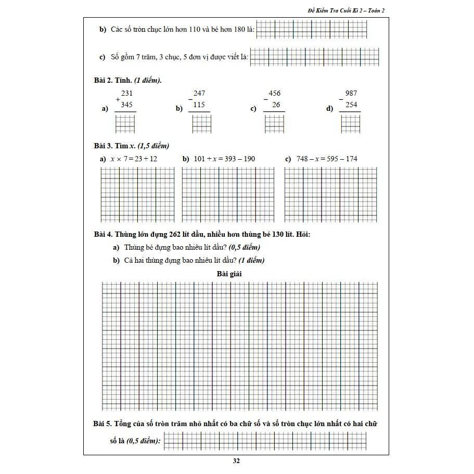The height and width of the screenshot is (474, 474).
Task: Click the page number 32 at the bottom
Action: [236, 461]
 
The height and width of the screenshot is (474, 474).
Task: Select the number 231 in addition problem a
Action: [127, 93]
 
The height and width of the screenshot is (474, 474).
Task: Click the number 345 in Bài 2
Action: [127, 105]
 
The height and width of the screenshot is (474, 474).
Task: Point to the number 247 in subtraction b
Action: [199, 93]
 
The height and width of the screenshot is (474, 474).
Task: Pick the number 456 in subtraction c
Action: [274, 93]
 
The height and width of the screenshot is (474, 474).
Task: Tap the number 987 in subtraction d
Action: [351, 93]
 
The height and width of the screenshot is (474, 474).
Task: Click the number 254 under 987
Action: [351, 105]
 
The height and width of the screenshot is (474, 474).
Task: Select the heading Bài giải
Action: [229, 273]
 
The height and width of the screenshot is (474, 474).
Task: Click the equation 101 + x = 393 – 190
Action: [224, 159]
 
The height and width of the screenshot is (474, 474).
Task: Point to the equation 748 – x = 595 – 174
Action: [327, 159]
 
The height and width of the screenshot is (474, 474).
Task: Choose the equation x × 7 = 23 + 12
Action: [134, 159]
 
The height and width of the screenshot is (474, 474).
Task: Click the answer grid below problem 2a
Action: [125, 124]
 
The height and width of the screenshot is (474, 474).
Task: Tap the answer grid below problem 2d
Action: [350, 124]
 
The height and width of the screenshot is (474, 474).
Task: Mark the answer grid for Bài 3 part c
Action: [330, 195]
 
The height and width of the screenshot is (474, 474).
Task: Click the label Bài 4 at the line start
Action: [103, 235]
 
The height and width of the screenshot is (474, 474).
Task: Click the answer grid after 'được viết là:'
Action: [314, 57]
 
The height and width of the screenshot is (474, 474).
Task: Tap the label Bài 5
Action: [103, 424]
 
